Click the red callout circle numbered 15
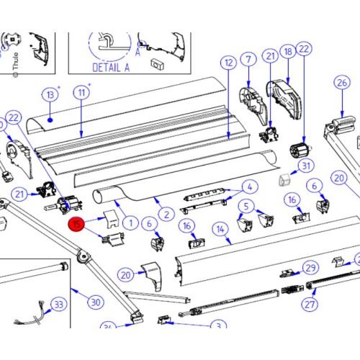point(77,224)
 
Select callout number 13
point(50,95)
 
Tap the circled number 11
point(81,92)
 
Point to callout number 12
point(228,63)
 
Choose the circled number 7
point(248,59)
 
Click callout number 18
point(288,52)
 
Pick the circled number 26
point(342,83)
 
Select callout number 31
point(306,166)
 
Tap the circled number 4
point(250,187)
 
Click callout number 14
point(220,230)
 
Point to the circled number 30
point(96,302)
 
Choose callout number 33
point(59,305)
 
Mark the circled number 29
point(311,268)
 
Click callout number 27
point(310,305)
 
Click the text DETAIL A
point(111,68)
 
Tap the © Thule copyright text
point(16,65)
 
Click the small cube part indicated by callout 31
point(284,180)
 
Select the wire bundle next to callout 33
point(30,315)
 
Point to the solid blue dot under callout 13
point(50,120)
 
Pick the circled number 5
point(246,207)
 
